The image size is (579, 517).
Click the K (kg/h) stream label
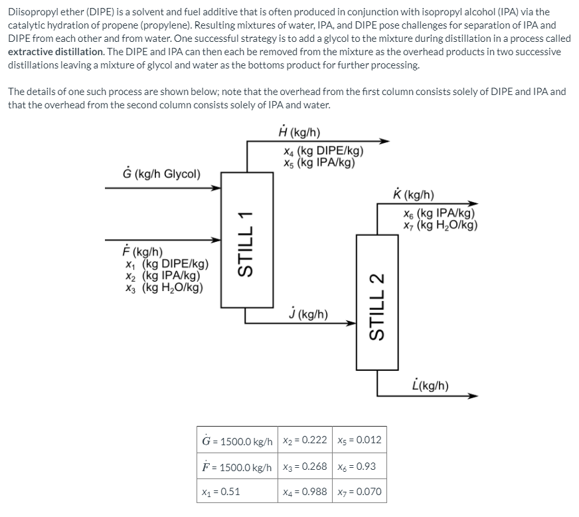pos(414,195)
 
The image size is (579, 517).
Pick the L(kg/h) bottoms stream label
pos(430,385)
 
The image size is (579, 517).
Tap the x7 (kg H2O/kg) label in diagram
pos(440,225)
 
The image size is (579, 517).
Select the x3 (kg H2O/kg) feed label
pos(171,288)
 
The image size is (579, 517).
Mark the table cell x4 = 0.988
pos(304,492)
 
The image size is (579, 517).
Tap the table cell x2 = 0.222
pos(304,441)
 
